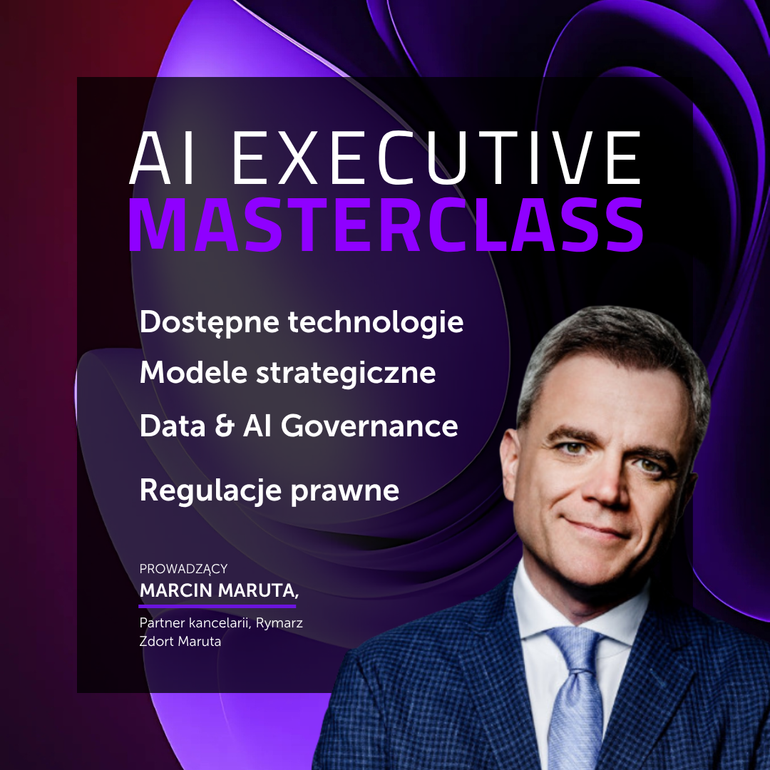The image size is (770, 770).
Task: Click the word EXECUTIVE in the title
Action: click(437, 158)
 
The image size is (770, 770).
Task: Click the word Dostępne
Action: click(210, 323)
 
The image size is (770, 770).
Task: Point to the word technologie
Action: click(376, 322)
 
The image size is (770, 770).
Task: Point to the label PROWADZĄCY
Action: click(183, 569)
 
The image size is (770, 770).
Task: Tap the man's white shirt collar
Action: click(542, 606)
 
